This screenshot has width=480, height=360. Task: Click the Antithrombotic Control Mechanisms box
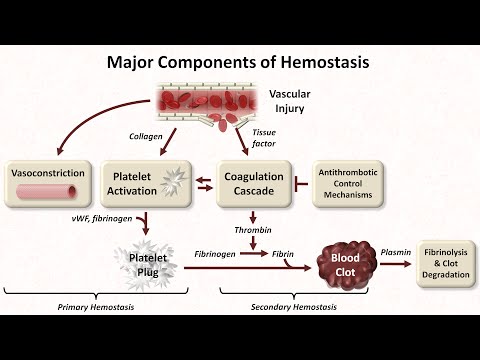(350, 183)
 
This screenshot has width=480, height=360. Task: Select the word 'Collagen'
(146, 135)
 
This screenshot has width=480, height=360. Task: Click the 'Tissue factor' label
(264, 136)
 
